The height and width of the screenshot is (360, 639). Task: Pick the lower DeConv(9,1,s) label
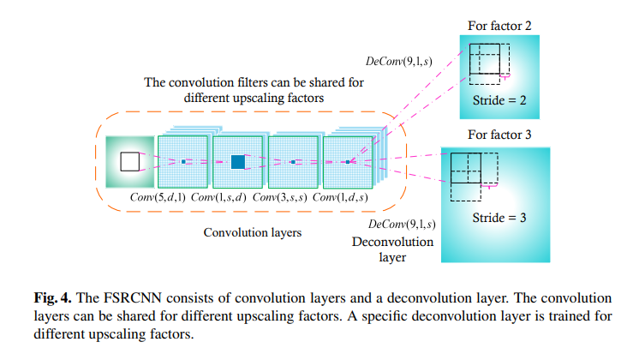pos(397,224)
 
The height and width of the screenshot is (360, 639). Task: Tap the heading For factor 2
pos(500,26)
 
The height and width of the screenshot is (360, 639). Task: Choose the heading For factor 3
pos(499,135)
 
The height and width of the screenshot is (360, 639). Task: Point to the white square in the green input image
pos(129,161)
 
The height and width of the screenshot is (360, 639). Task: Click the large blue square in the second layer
pos(238,161)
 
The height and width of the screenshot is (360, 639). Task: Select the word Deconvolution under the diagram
pos(393,242)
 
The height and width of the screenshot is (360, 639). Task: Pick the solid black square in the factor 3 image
pos(465,165)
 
